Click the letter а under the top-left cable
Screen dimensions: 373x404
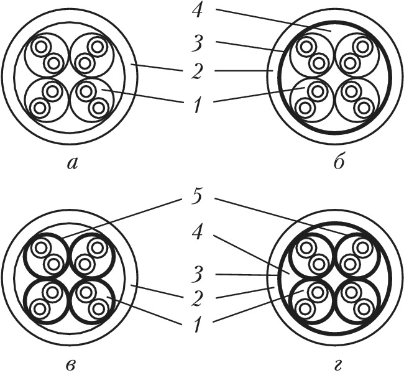tap(74, 163)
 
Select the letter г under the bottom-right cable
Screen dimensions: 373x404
tap(338, 363)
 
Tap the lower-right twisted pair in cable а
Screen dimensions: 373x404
tap(91, 99)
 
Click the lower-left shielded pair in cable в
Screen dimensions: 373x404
tap(47, 300)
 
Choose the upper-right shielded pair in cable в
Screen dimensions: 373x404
tap(91, 256)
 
